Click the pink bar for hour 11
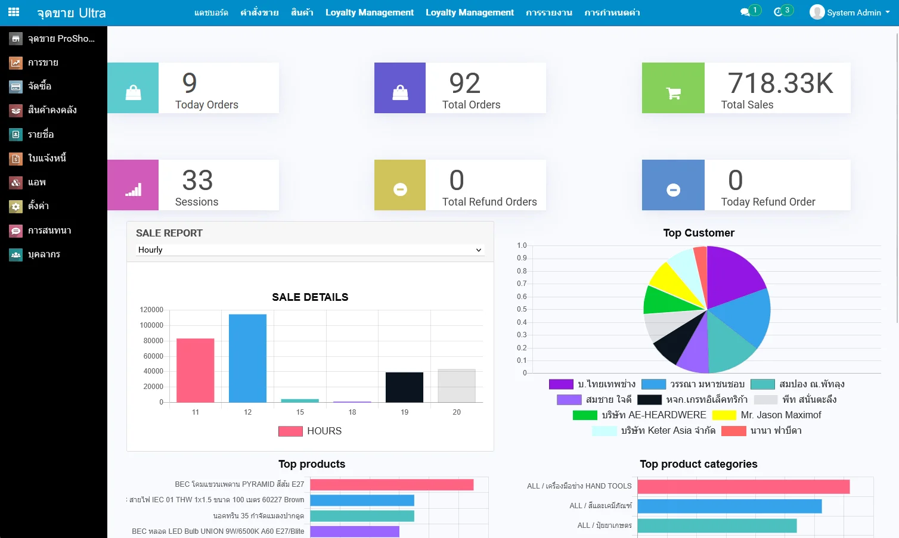point(195,370)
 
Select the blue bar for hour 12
point(247,358)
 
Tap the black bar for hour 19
point(404,387)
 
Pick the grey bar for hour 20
point(457,385)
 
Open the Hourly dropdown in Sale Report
point(309,250)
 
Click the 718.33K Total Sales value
point(780,83)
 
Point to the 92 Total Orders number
point(464,83)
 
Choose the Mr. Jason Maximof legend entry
point(780,415)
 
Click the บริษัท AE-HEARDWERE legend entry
point(653,415)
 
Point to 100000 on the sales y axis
point(151,325)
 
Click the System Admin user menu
point(850,13)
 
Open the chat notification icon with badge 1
point(745,12)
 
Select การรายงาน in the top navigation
point(548,13)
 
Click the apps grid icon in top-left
point(14,12)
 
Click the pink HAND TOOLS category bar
point(743,487)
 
